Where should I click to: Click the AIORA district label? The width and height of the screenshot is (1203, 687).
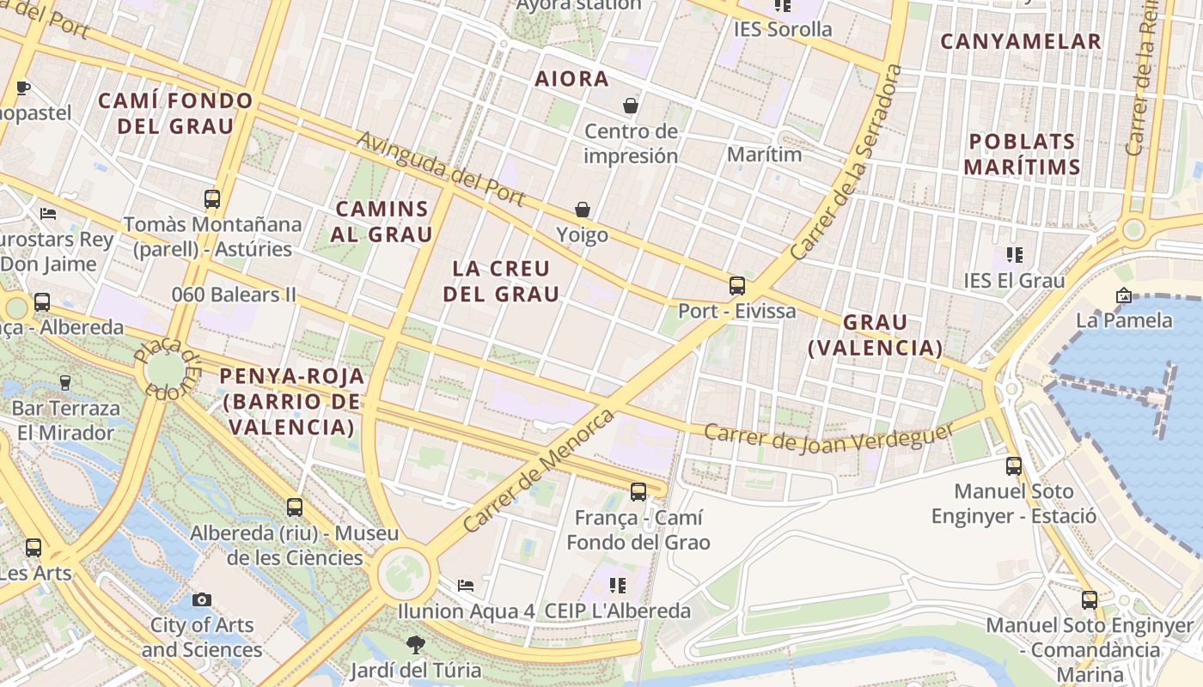tap(571, 79)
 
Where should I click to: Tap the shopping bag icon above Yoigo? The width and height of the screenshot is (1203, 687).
tap(583, 210)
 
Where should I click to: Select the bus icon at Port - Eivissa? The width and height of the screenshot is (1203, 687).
tap(737, 286)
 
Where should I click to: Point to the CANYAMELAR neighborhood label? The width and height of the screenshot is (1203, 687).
tap(1020, 41)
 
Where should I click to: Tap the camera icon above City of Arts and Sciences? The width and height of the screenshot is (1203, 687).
tap(202, 599)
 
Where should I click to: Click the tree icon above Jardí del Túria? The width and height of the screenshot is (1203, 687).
tap(415, 644)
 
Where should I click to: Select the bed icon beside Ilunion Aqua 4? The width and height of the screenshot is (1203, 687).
tap(466, 586)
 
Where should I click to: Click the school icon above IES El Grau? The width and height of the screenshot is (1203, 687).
tap(1015, 255)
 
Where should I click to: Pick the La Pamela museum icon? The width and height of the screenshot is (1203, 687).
tap(1124, 295)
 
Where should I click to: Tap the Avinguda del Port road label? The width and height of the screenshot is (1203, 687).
tap(440, 168)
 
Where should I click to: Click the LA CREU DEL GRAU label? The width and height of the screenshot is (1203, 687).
tap(501, 281)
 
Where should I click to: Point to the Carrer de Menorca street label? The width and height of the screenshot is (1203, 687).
tap(539, 470)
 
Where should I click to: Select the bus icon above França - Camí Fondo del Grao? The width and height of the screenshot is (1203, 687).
tap(638, 492)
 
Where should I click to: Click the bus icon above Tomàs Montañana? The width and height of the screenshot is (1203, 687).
tap(212, 199)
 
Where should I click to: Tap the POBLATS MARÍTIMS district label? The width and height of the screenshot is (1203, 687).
tap(1022, 154)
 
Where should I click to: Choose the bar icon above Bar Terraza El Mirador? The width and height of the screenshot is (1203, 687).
tap(64, 382)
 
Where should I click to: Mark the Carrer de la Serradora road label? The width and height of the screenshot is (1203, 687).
tap(847, 162)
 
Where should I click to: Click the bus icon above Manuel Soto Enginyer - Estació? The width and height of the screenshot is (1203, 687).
tap(1014, 466)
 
